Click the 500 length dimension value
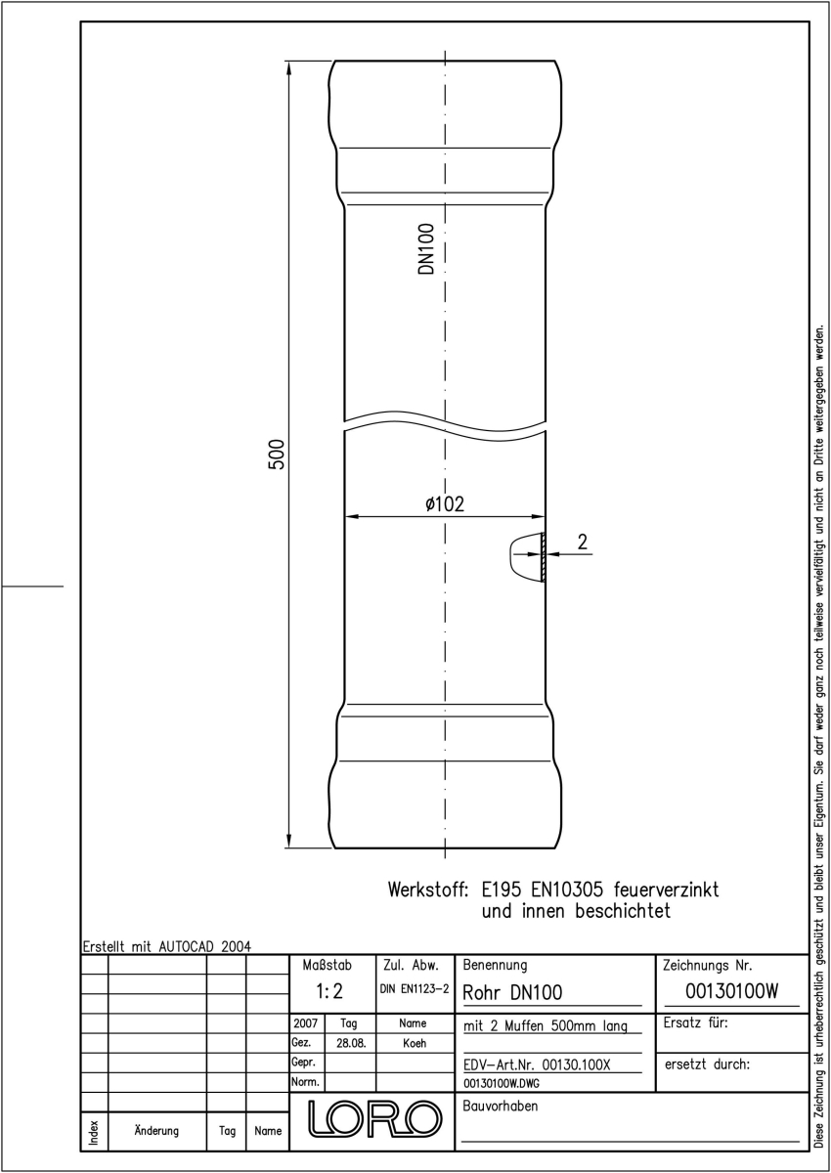[x=277, y=455]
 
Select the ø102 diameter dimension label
[x=445, y=503]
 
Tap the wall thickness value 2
[x=583, y=542]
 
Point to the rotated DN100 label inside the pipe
[x=426, y=248]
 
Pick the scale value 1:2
[x=329, y=991]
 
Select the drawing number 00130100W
[x=731, y=991]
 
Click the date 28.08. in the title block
[x=351, y=1043]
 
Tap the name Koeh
[x=415, y=1043]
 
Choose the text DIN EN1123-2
[x=415, y=989]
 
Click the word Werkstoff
[x=428, y=890]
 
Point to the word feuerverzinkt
[x=666, y=890]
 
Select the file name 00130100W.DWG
[x=502, y=1083]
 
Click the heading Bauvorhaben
[x=500, y=1106]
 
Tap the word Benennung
[x=495, y=965]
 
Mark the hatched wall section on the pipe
[x=543, y=556]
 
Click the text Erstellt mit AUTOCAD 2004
[x=167, y=946]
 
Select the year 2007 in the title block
[x=305, y=1022]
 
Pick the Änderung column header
[x=156, y=1131]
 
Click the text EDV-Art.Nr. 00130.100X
[x=537, y=1064]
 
